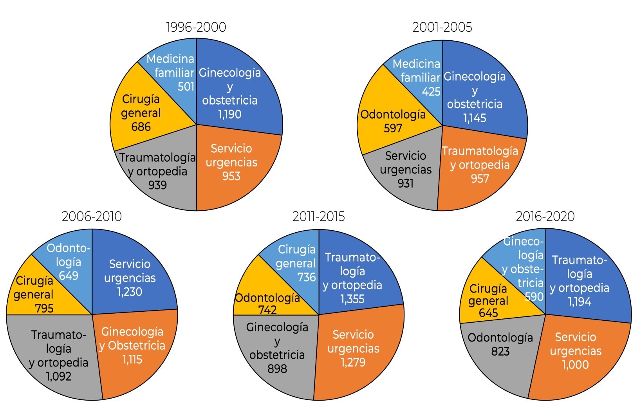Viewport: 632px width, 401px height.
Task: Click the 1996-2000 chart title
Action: coord(196,27)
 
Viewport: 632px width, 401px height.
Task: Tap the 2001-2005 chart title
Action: coord(442,27)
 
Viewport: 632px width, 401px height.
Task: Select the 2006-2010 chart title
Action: coord(92,216)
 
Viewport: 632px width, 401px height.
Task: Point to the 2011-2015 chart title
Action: coord(318,216)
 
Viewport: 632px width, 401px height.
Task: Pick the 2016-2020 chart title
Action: coord(545,216)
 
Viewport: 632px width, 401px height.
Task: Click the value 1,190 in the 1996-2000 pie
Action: coord(230,114)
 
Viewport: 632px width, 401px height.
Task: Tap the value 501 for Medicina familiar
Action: coord(186,86)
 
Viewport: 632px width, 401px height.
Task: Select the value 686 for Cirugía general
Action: coord(141,127)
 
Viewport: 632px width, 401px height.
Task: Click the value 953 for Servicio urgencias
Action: coord(231,176)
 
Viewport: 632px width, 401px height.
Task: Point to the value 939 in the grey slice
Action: coord(157,185)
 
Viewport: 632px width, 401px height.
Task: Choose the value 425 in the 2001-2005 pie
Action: coord(431,92)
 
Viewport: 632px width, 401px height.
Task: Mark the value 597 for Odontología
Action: coord(393,128)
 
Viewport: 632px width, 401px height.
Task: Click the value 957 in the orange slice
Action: coord(480,179)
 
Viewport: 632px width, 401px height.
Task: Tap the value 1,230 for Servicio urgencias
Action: coord(130,292)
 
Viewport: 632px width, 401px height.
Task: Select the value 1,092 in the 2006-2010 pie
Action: coord(59,377)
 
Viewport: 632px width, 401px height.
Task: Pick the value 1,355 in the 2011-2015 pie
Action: coord(352,299)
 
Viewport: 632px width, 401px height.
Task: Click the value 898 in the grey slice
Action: coord(277,369)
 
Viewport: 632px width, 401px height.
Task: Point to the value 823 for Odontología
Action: coord(500,351)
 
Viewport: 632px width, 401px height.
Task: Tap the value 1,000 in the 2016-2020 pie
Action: coord(575,365)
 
